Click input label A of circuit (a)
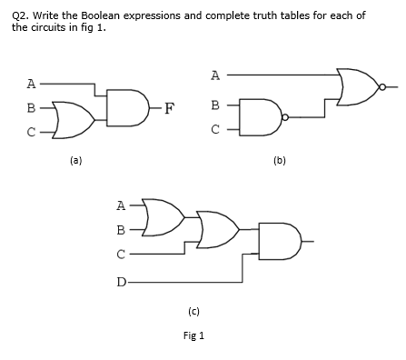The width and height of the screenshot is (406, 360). (31, 85)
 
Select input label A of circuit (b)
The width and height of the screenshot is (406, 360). (215, 74)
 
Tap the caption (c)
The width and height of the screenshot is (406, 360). (194, 311)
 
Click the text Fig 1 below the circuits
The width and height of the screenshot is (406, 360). (193, 335)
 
